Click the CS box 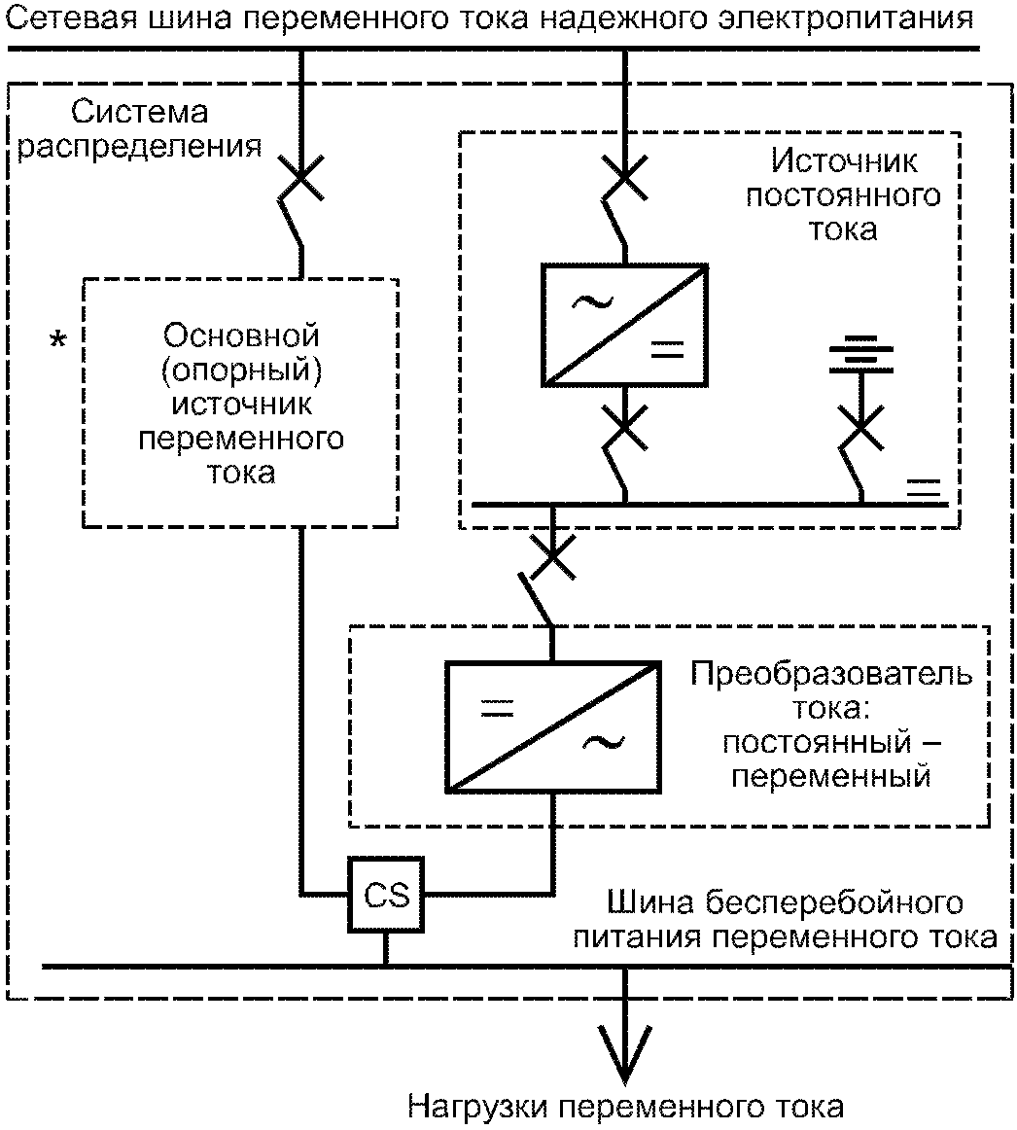click(386, 895)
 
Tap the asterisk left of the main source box click(57, 339)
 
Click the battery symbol click(861, 354)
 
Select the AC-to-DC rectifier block click(624, 325)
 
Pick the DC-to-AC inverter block click(553, 727)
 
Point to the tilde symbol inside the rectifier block click(592, 302)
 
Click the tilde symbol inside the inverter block click(604, 743)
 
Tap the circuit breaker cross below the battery click(861, 427)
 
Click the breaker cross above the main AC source click(301, 177)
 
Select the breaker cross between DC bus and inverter click(553, 556)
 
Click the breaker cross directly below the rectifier click(624, 427)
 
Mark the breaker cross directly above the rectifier click(624, 177)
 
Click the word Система click(140, 112)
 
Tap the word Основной click(241, 335)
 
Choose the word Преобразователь click(831, 673)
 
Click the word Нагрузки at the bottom click(479, 1107)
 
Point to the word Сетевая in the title click(70, 18)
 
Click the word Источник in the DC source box click(844, 160)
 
